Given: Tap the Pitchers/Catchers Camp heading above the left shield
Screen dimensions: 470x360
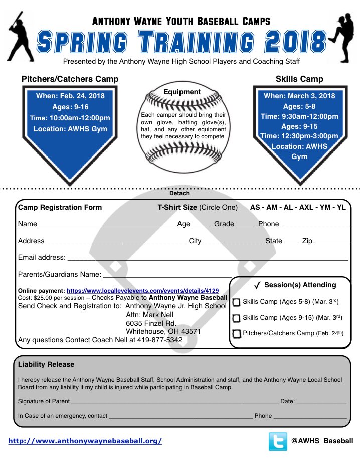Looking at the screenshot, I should pyautogui.click(x=70, y=79).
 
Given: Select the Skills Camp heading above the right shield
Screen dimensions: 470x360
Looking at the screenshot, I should pyautogui.click(x=299, y=79).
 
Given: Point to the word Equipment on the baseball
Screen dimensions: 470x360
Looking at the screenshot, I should pyautogui.click(x=182, y=92).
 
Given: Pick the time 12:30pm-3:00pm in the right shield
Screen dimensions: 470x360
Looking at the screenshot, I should pyautogui.click(x=299, y=136).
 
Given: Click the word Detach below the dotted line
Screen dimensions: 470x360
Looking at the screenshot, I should pyautogui.click(x=179, y=193).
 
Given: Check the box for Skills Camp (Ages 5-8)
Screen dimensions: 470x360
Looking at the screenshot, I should pyautogui.click(x=236, y=302).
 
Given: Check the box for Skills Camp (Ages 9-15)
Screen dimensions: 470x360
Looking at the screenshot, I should pyautogui.click(x=236, y=318).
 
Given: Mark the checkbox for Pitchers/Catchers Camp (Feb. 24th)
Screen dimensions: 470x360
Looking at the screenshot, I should pyautogui.click(x=236, y=334).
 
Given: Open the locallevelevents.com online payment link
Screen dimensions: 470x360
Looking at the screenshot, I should pyautogui.click(x=142, y=291).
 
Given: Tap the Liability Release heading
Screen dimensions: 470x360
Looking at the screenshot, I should pyautogui.click(x=46, y=364).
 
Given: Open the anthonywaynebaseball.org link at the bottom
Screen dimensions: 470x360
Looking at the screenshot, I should pyautogui.click(x=85, y=441).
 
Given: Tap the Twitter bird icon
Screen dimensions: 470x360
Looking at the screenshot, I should pyautogui.click(x=278, y=441).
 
